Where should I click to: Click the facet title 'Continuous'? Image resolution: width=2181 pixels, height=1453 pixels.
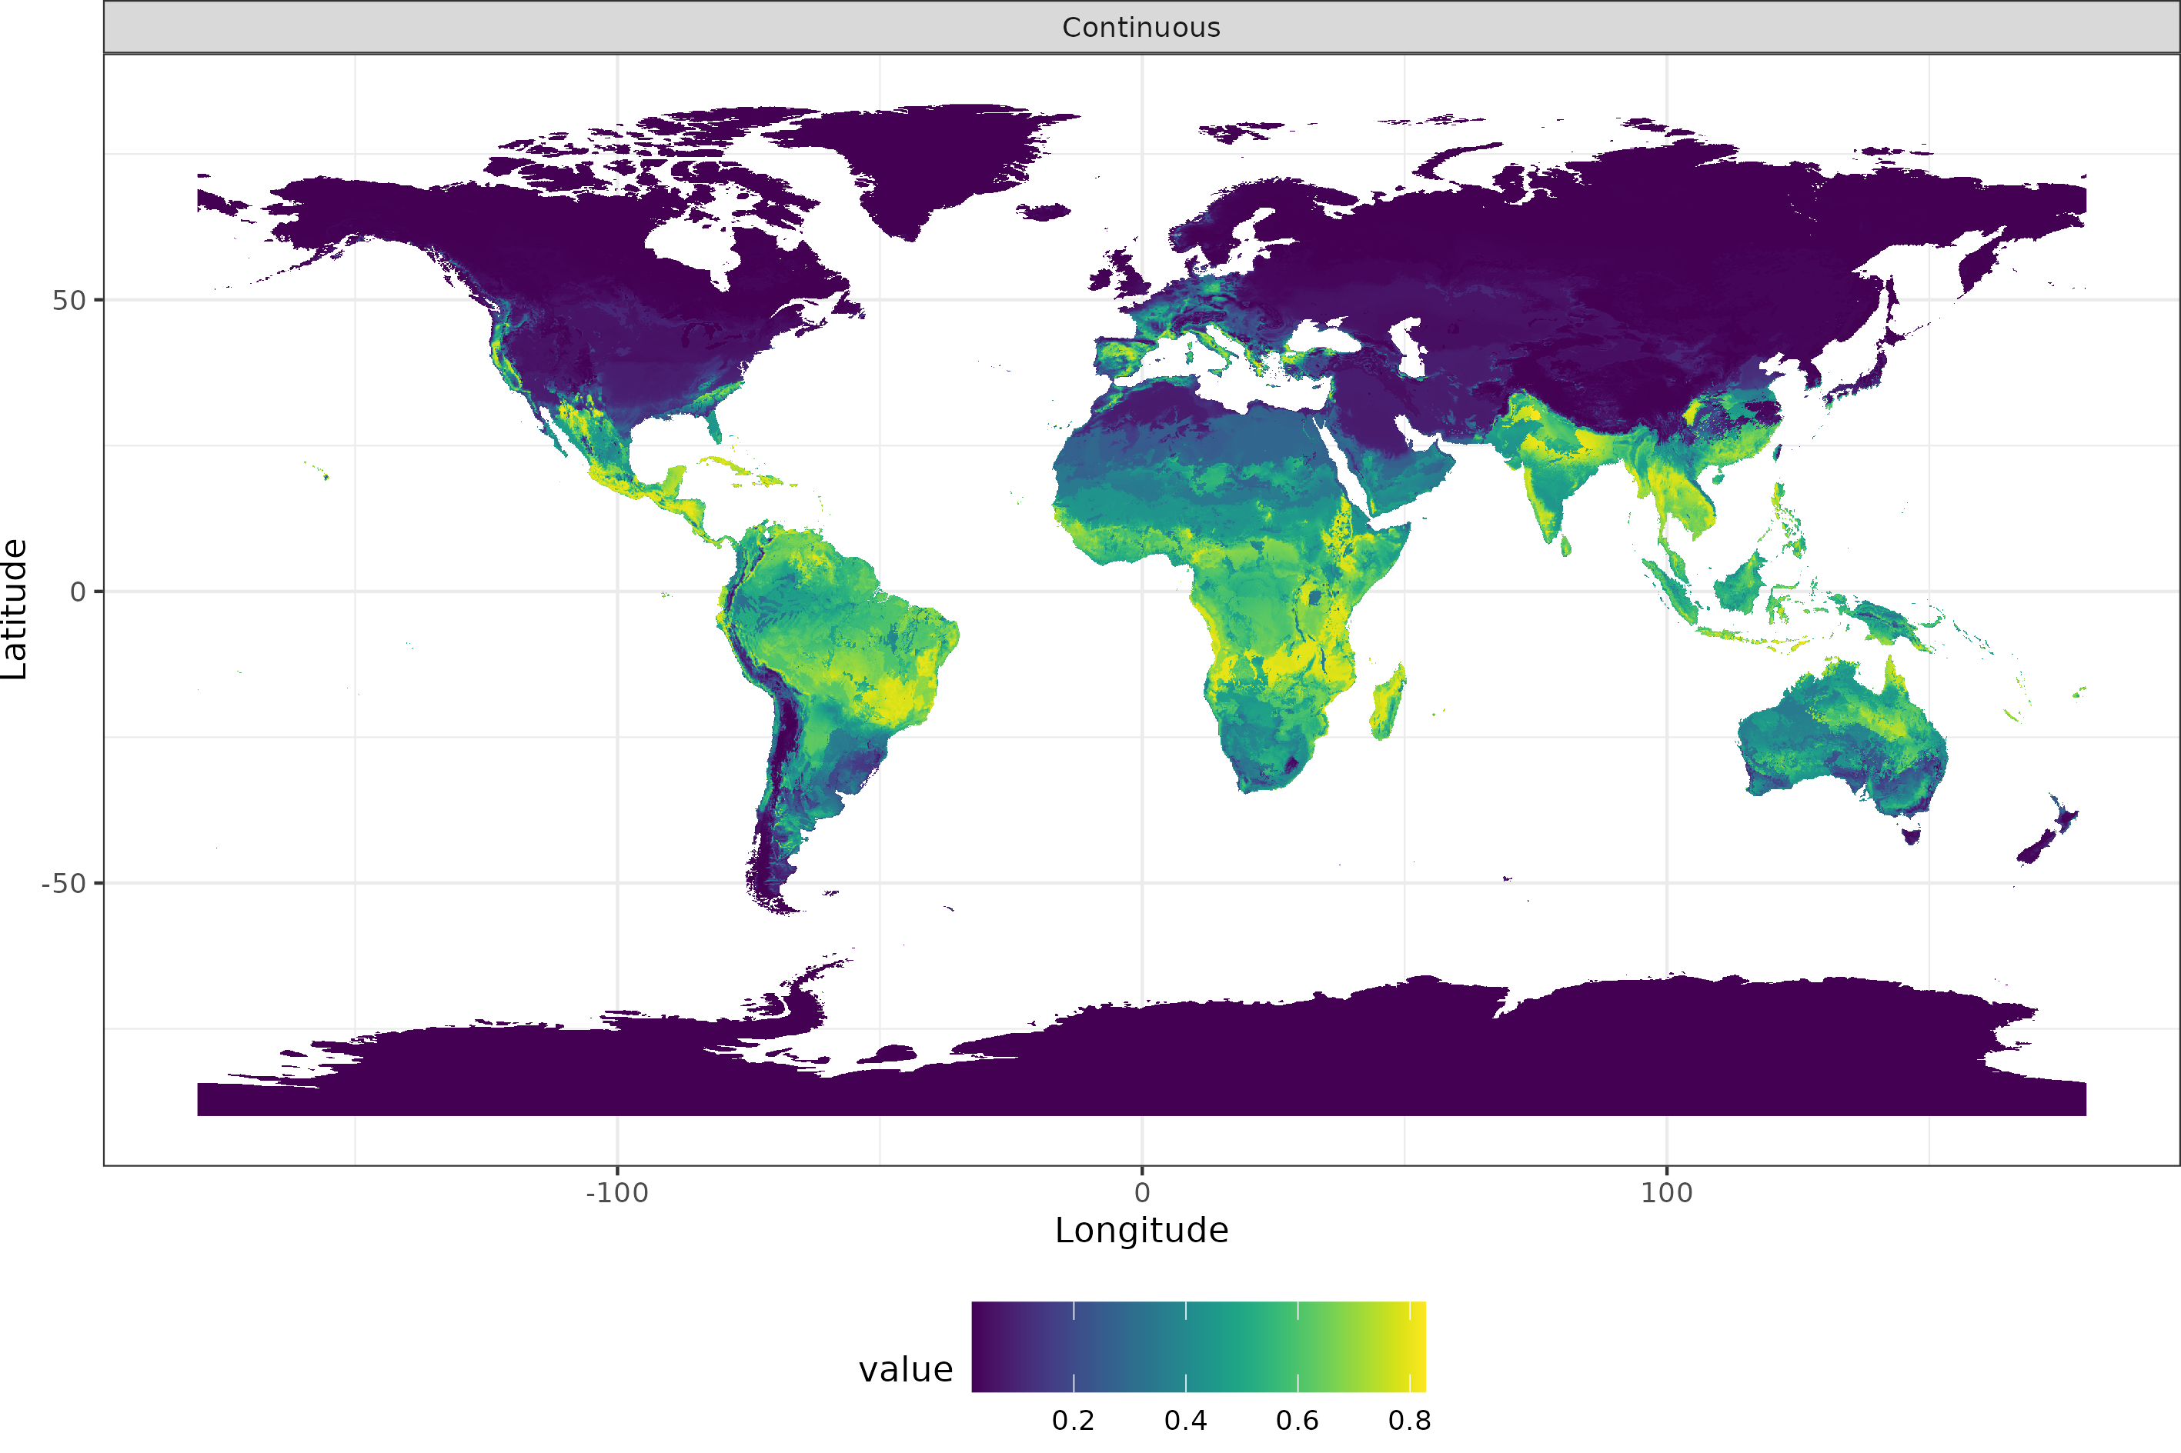(x=1141, y=28)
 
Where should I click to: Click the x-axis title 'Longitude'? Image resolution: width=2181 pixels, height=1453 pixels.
(x=1141, y=1231)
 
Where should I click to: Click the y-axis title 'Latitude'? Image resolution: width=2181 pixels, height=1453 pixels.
(x=15, y=609)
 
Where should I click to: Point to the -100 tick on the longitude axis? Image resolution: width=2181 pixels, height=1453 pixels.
(x=616, y=1192)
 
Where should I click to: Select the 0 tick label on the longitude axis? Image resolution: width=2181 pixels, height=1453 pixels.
(x=1142, y=1192)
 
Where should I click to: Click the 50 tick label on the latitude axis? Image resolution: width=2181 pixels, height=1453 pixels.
(x=68, y=300)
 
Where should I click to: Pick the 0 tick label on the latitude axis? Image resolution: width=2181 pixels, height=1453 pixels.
(x=78, y=592)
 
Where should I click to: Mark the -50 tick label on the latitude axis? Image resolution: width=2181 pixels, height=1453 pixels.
(x=63, y=883)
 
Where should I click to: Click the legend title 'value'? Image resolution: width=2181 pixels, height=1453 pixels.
(x=906, y=1370)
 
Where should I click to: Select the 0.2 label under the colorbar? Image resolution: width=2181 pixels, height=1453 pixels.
(x=1074, y=1421)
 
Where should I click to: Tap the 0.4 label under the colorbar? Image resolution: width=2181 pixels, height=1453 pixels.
(x=1185, y=1421)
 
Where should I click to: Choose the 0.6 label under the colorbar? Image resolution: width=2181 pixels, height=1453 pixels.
(x=1297, y=1421)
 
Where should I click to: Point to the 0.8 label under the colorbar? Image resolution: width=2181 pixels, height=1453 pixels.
(x=1409, y=1421)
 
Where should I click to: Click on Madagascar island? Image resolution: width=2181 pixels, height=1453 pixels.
(x=1388, y=702)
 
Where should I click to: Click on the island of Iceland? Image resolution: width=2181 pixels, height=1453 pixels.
(x=1044, y=212)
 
